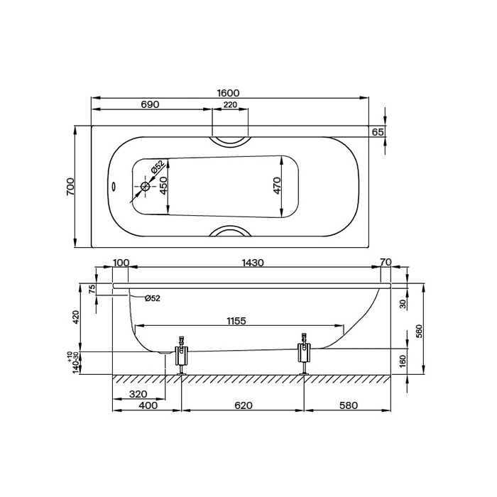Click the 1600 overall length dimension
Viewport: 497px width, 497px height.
(x=228, y=93)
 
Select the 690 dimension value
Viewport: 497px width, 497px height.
(x=150, y=104)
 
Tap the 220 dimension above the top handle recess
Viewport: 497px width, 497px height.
(x=230, y=104)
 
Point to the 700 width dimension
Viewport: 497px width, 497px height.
(x=70, y=186)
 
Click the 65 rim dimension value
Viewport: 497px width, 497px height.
(x=378, y=132)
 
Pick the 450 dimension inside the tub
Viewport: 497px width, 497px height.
(x=163, y=186)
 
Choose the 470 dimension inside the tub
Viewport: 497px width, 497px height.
(x=277, y=186)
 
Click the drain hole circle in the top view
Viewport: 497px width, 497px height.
(x=145, y=186)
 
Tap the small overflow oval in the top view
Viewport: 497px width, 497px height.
(x=114, y=186)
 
